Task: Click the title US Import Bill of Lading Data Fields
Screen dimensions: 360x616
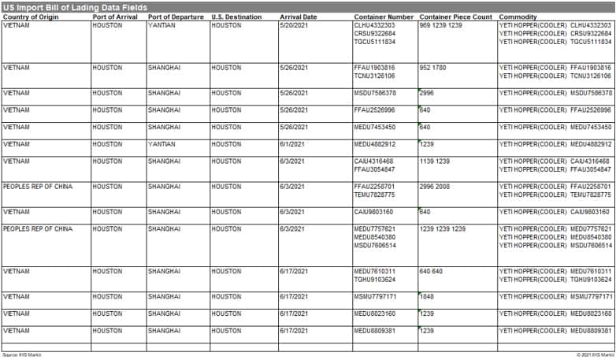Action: coord(75,7)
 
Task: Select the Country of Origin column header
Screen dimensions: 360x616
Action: coord(31,17)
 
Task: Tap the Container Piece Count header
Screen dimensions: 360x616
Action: coord(456,17)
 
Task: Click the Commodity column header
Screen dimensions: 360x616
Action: coord(518,17)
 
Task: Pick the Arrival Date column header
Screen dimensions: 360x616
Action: coord(298,17)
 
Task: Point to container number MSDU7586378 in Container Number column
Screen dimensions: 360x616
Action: coord(375,93)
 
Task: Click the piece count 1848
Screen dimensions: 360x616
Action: coord(428,297)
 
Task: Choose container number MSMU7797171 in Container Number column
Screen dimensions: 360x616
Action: coord(375,297)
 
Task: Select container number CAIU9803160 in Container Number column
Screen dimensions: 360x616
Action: coord(374,212)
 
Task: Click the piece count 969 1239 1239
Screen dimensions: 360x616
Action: coord(441,25)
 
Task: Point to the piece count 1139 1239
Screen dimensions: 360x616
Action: coord(434,161)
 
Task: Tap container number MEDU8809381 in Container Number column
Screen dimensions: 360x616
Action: coord(375,331)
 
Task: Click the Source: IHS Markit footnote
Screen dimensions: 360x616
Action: coord(21,355)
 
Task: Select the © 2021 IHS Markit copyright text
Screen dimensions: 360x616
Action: coord(594,355)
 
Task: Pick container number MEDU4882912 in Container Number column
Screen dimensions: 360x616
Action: coord(375,144)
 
